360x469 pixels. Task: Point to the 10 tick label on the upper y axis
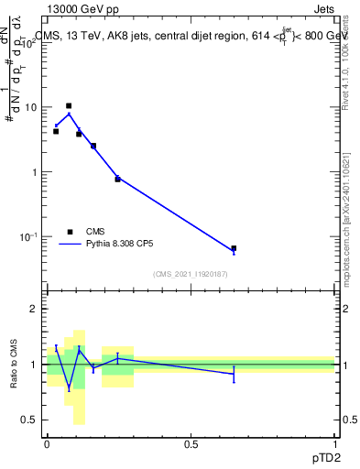click(30, 107)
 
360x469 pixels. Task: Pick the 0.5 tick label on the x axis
click(191, 444)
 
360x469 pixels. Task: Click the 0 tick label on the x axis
click(47, 444)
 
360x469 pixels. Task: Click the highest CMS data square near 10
click(68, 106)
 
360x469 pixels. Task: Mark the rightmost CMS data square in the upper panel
click(234, 248)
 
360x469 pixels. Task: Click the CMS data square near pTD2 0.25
click(117, 179)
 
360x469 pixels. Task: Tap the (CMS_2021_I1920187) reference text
click(191, 274)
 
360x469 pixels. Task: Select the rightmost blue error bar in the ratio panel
click(234, 374)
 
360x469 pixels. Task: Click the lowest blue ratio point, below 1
click(68, 387)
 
